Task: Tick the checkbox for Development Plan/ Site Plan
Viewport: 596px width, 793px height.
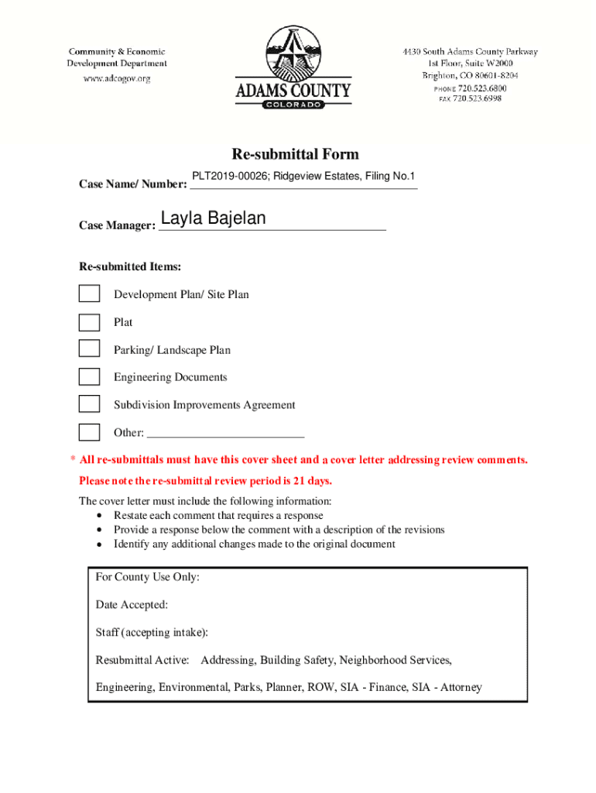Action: click(90, 294)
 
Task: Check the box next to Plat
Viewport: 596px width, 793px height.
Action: click(90, 322)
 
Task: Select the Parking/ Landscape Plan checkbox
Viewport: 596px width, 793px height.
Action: click(90, 349)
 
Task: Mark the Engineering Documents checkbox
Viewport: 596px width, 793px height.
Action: click(90, 377)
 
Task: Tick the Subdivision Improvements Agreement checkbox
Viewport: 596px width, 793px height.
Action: click(90, 404)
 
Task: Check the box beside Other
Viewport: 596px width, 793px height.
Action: click(90, 432)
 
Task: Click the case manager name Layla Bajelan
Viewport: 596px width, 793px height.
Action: click(213, 219)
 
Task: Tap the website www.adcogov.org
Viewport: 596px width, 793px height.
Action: click(117, 78)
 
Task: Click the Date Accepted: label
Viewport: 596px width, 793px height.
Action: click(132, 605)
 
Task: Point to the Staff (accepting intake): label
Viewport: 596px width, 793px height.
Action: click(152, 633)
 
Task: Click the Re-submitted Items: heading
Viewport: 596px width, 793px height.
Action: click(130, 267)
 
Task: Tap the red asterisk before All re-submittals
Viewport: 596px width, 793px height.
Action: click(73, 460)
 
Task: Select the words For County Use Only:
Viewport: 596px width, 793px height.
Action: click(147, 578)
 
